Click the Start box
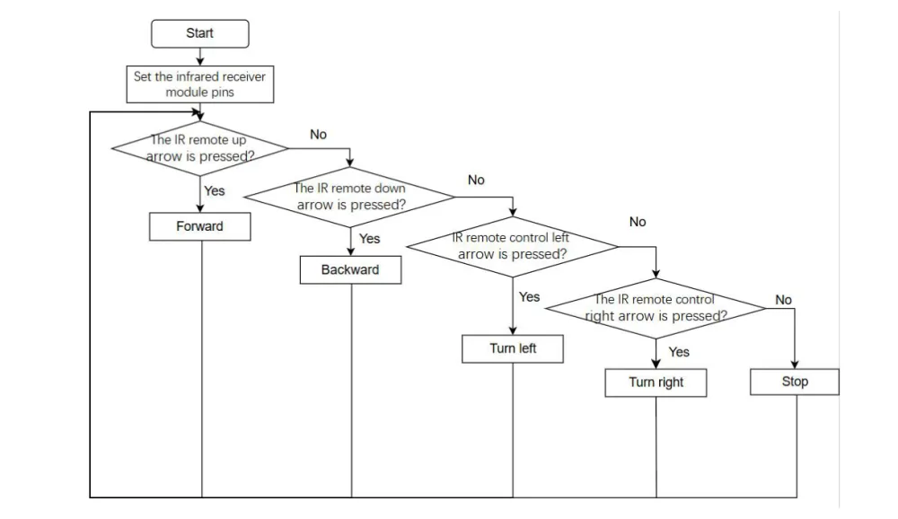200,34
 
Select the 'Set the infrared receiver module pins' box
200,84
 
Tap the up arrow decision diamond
200,148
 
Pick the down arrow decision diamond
350,197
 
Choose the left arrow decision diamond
513,247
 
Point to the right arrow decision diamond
656,308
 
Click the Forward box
200,226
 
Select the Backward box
350,269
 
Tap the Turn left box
513,349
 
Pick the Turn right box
656,383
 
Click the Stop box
795,383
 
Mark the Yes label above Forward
215,190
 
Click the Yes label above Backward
369,238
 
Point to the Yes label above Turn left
529,296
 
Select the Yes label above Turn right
679,352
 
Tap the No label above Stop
783,300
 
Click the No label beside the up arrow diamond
319,135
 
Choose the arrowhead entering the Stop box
795,365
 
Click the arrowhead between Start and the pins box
200,62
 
